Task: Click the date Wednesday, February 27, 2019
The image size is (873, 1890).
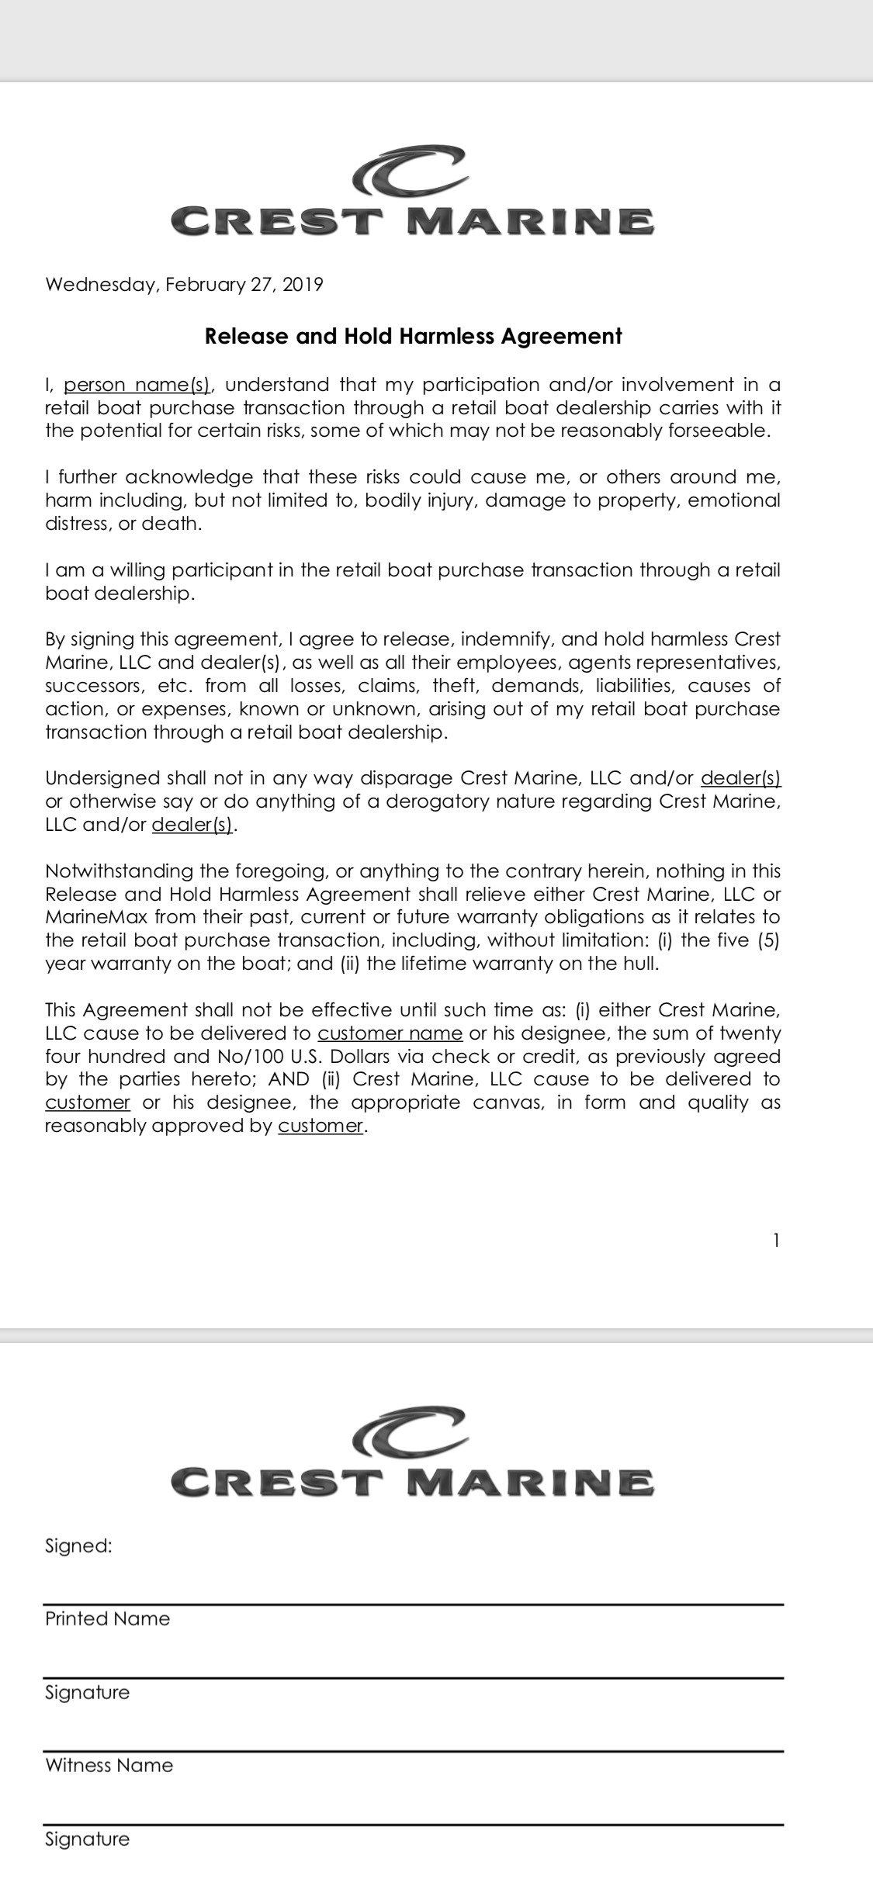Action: (184, 285)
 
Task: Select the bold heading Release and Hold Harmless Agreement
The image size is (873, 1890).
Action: (413, 336)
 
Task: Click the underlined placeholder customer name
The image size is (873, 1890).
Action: (390, 1033)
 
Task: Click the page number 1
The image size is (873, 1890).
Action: (776, 1241)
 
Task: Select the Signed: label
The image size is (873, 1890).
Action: (78, 1546)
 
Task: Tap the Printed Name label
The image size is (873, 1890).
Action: (107, 1618)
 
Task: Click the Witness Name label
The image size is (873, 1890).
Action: (109, 1765)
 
